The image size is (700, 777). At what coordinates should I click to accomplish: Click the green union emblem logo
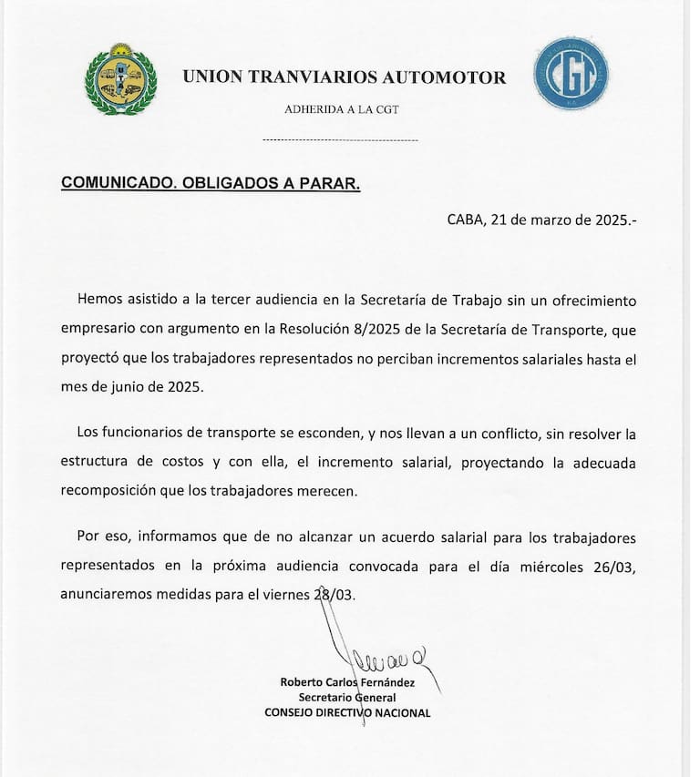click(120, 79)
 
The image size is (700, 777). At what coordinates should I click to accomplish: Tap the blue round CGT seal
click(571, 74)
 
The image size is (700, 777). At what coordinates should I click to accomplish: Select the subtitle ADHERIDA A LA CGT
click(342, 109)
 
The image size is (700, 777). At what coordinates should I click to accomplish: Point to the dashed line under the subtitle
click(340, 139)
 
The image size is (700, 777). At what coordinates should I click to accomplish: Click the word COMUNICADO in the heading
click(113, 182)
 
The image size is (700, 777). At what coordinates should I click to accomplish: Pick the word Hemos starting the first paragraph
click(99, 299)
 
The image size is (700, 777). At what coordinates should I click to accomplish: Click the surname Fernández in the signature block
click(384, 682)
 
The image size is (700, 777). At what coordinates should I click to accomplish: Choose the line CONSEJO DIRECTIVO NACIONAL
click(347, 713)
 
